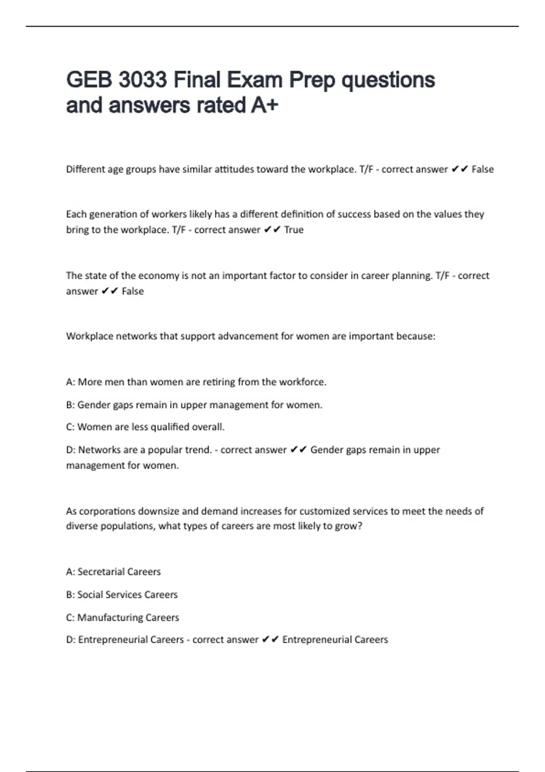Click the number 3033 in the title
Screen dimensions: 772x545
click(x=143, y=80)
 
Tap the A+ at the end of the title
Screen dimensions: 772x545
click(x=264, y=105)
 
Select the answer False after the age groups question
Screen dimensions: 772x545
click(x=482, y=169)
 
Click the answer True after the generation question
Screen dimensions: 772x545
click(x=294, y=230)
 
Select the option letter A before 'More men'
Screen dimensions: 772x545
click(x=69, y=382)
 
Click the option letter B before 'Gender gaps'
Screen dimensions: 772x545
click(x=69, y=405)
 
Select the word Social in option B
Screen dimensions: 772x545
click(x=90, y=594)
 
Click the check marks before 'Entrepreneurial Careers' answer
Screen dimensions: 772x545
click(x=270, y=640)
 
